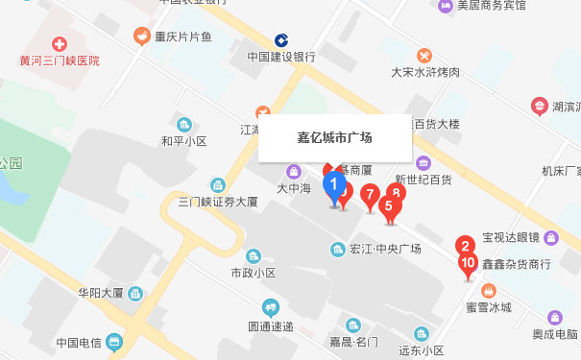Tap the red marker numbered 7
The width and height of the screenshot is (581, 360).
pos(369,197)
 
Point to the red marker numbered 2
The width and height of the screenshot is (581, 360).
pos(463,245)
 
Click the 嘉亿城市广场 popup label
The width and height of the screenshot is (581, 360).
pos(334,138)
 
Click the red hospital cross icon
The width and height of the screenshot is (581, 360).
pos(60,43)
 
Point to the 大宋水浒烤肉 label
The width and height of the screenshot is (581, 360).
pos(425,72)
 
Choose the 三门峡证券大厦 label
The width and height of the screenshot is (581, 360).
pos(218,202)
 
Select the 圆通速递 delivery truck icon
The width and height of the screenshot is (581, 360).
pos(272,308)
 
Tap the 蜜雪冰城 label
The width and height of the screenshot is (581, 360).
pos(489,307)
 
